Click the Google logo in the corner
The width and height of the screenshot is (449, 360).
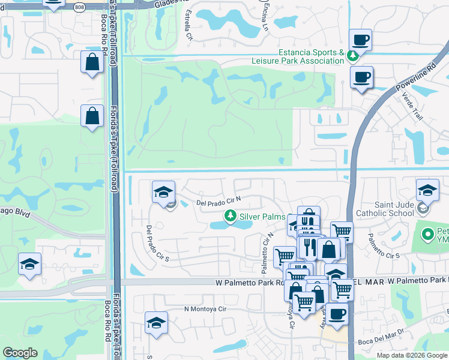coord(20,353)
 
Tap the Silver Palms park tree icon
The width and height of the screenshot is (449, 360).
coord(229,215)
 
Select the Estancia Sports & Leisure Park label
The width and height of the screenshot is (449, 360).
coord(310,57)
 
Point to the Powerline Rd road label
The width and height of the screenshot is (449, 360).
coord(415,79)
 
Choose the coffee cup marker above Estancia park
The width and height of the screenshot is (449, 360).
coord(360,41)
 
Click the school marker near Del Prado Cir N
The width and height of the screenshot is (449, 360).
coord(163,193)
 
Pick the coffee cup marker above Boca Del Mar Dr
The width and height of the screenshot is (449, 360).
coord(337,314)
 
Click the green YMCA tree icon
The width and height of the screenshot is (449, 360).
coord(427,234)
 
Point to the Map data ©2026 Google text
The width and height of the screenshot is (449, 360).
coord(412,355)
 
